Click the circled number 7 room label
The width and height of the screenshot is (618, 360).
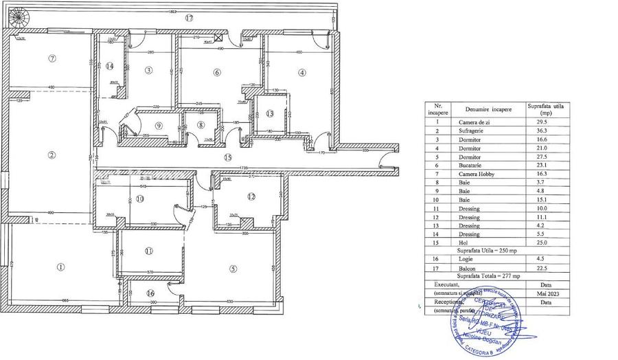point(52,58)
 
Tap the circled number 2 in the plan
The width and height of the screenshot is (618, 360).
point(51,155)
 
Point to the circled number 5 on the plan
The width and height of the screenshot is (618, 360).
point(233,269)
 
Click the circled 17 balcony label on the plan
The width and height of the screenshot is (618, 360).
point(189,18)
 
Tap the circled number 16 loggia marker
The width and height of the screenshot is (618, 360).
point(151,293)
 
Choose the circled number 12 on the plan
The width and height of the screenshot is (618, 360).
point(251,198)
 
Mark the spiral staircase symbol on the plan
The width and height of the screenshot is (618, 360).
point(19,13)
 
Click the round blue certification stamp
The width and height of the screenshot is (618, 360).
point(488,324)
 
